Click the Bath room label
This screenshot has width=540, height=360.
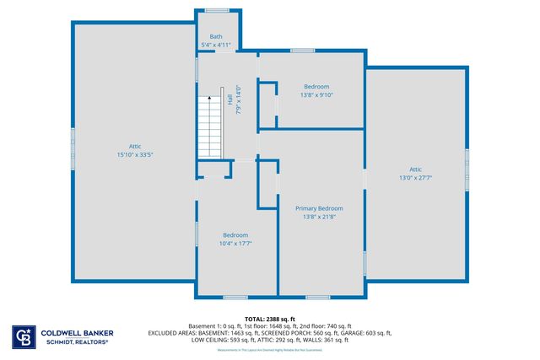point(217,36)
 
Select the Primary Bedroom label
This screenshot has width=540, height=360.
point(318,207)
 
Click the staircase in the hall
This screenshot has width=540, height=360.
point(209,126)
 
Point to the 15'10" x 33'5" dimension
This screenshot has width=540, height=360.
point(134,155)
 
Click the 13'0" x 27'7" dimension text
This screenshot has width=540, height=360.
point(415,178)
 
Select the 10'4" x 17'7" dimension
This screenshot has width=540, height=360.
point(235,244)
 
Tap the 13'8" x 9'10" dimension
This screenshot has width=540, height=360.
point(316,95)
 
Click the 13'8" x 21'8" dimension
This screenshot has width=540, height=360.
point(318,217)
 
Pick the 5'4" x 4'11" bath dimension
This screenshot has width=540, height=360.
point(217,45)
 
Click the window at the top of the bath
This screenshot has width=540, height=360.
point(217,10)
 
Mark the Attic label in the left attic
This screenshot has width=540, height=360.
point(134,146)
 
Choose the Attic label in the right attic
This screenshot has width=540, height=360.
point(415,169)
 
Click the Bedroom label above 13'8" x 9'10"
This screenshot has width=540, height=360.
point(316,86)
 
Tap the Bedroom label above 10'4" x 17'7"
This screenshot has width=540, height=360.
point(235,234)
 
